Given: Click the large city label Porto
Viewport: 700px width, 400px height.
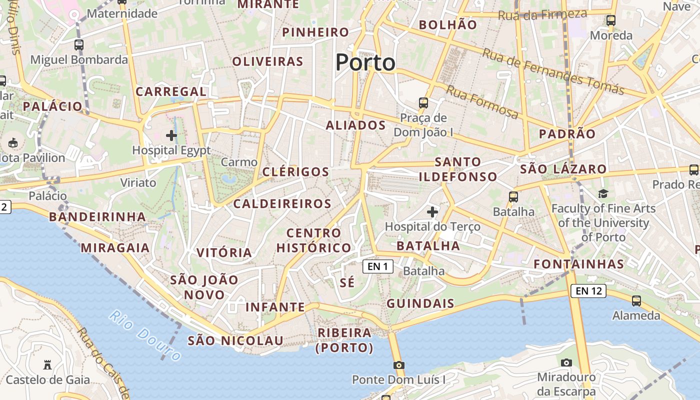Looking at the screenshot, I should tap(365, 63).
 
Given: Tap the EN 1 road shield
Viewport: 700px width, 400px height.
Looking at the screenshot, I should tap(377, 266).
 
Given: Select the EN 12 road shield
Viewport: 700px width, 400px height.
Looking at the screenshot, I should tap(588, 290).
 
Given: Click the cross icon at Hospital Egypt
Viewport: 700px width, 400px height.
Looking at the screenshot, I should tap(171, 135).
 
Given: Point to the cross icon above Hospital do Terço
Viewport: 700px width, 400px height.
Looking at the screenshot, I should tap(432, 212).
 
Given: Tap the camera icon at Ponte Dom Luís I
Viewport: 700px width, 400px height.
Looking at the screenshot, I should tap(398, 365).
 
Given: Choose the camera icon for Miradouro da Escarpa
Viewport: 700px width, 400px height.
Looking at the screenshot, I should tap(566, 362).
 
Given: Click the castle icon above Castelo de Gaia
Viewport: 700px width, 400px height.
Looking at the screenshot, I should tap(47, 364).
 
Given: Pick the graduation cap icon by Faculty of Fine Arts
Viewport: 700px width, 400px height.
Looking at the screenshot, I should tap(603, 193).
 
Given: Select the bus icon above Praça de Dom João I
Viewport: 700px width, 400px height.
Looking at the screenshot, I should tap(423, 103).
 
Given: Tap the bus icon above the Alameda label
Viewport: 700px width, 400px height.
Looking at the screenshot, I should tap(636, 301).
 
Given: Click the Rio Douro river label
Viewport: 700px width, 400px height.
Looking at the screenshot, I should tap(145, 335).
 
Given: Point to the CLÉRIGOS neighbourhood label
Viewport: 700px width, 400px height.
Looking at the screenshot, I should tap(295, 172).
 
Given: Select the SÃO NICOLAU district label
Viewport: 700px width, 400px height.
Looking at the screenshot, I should tap(235, 341).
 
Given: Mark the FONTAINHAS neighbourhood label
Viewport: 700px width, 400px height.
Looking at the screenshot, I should tap(578, 264).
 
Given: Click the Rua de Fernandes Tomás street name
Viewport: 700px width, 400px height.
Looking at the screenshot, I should tap(553, 71).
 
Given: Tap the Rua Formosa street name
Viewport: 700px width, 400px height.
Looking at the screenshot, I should tap(482, 102).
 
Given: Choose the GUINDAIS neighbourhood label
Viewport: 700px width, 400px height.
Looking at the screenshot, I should tap(420, 303).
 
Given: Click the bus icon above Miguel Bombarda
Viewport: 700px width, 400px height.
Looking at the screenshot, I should tap(79, 45).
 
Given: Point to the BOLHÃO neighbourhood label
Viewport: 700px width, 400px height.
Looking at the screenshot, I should tap(447, 24).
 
